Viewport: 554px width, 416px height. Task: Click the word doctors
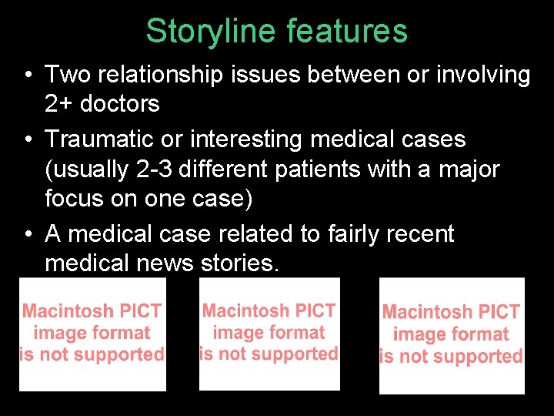tap(121, 103)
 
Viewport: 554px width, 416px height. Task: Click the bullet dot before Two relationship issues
tap(27, 75)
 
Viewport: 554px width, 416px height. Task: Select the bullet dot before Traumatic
tap(27, 140)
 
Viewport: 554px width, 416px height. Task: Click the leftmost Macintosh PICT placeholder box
tap(92, 334)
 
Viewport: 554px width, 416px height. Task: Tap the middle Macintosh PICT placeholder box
tap(269, 333)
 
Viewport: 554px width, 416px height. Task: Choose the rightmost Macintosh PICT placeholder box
tap(452, 335)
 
